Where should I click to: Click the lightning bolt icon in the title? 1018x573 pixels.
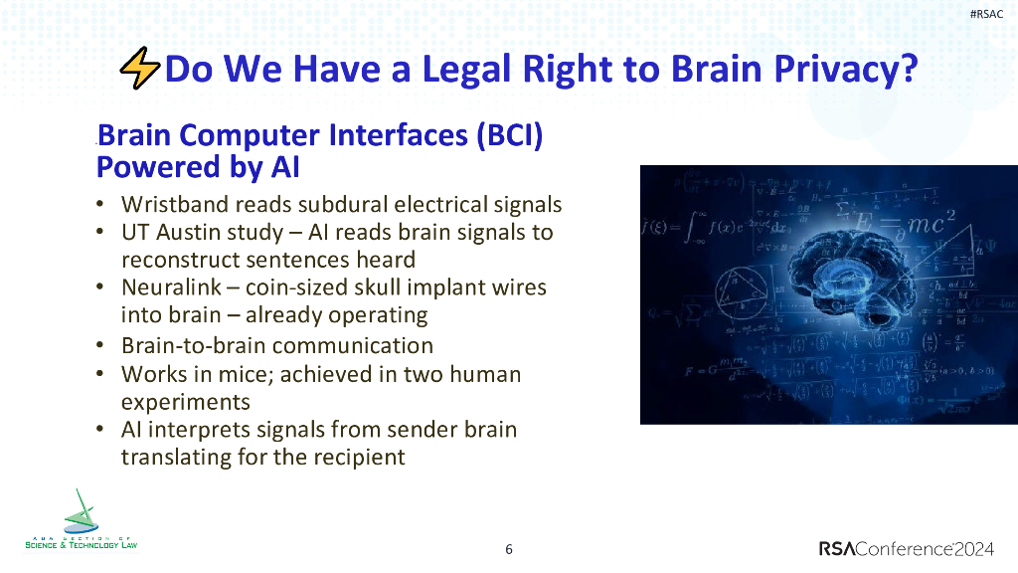pyautogui.click(x=138, y=69)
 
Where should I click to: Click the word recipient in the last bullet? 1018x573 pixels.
pyautogui.click(x=362, y=458)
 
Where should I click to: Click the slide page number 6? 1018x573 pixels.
pyautogui.click(x=509, y=549)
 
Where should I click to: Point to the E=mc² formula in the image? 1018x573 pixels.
pyautogui.click(x=900, y=223)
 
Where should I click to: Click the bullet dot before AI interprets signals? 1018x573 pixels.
pyautogui.click(x=100, y=430)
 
